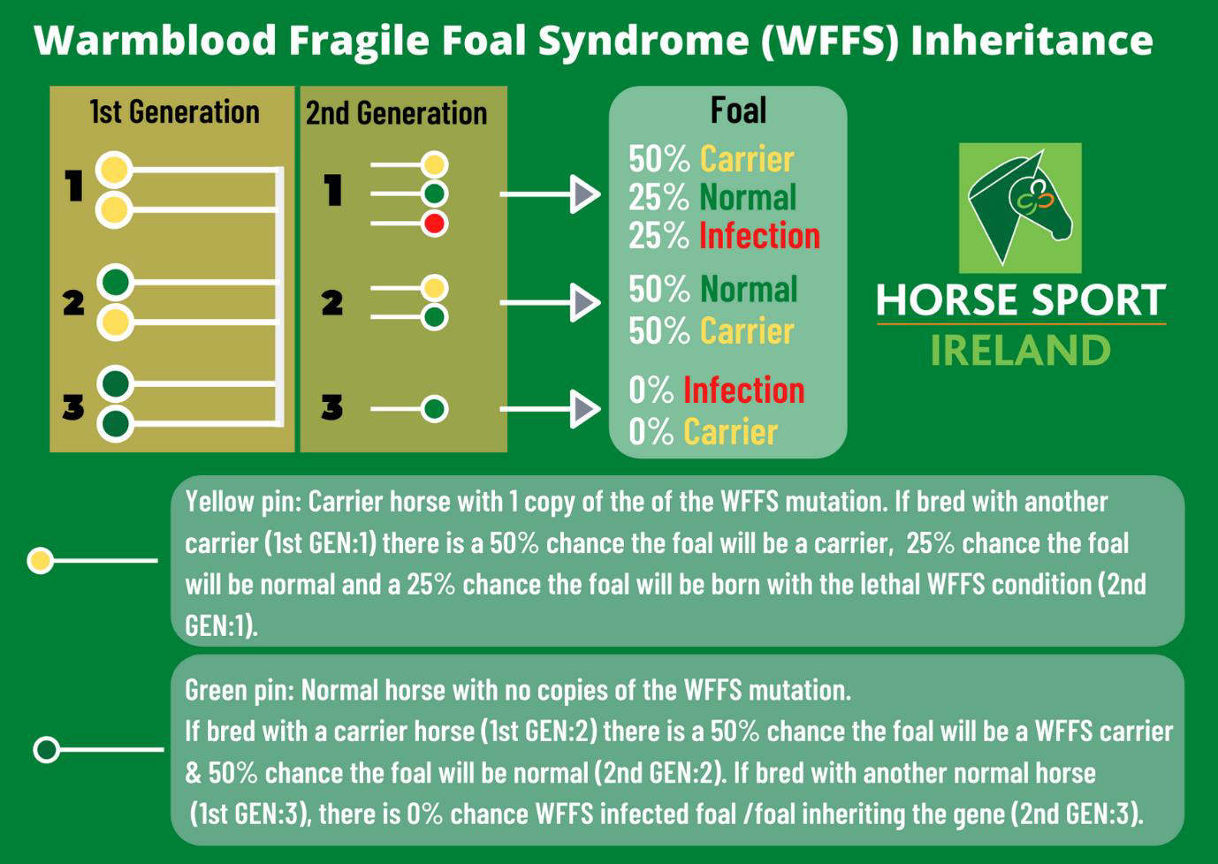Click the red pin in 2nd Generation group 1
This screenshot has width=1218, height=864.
434,224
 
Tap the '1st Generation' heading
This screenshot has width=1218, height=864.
174,112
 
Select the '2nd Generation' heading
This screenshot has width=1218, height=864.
396,114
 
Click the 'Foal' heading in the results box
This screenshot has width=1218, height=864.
738,110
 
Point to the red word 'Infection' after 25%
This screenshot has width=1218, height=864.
759,235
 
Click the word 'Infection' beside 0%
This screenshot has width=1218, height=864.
744,390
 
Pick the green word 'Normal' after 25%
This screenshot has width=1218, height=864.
748,197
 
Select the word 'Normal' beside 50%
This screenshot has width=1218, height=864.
748,289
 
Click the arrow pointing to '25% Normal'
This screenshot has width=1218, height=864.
550,194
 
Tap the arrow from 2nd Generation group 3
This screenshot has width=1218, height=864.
550,409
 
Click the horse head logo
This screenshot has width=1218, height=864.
1020,208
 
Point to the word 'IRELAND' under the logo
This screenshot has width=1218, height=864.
1021,350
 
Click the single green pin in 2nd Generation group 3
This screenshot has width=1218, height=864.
434,409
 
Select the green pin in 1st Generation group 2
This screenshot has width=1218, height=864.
115,283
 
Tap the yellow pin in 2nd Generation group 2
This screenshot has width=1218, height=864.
434,288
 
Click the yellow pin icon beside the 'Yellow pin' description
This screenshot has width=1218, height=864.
41,560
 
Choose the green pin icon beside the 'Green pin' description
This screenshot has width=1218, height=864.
47,749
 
